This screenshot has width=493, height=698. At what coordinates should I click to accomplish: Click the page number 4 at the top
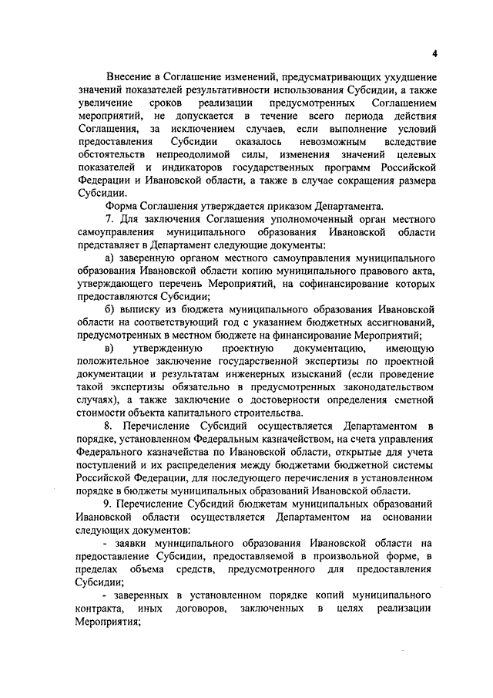point(434,53)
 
